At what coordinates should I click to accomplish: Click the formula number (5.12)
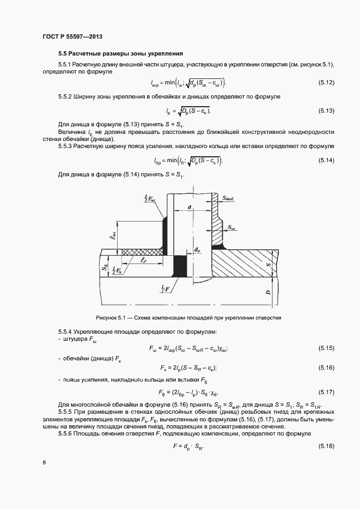[326, 83]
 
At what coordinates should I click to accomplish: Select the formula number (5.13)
[326, 111]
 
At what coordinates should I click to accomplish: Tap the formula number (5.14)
[326, 160]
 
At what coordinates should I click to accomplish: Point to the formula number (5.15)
[326, 348]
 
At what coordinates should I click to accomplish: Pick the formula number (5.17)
[326, 392]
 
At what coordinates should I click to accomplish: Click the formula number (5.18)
[326, 446]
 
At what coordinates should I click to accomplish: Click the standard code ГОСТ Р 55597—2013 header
[72, 36]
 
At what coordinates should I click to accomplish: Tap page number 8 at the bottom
[44, 463]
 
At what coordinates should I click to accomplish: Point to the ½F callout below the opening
[164, 287]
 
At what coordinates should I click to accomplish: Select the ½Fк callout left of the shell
[116, 270]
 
